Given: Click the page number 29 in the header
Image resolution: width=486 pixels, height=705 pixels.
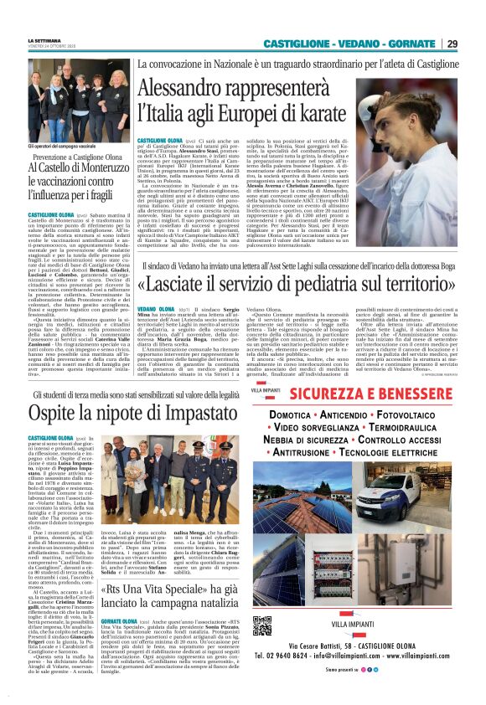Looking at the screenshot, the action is click(x=475, y=44).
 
